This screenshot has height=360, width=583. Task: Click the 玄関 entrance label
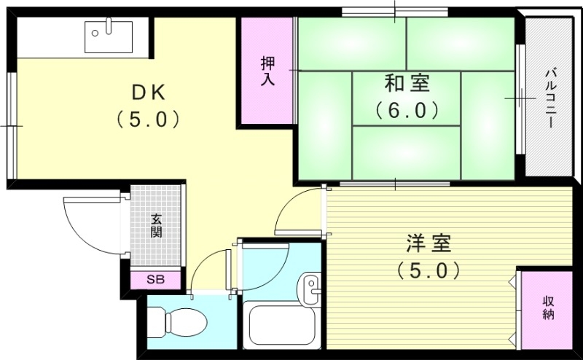click(156, 226)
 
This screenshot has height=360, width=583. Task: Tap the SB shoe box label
click(155, 279)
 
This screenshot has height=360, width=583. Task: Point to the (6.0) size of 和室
click(407, 110)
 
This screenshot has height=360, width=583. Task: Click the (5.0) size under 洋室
click(429, 271)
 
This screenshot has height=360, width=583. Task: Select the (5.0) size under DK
click(149, 119)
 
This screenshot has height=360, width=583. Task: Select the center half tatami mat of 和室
click(407, 98)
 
